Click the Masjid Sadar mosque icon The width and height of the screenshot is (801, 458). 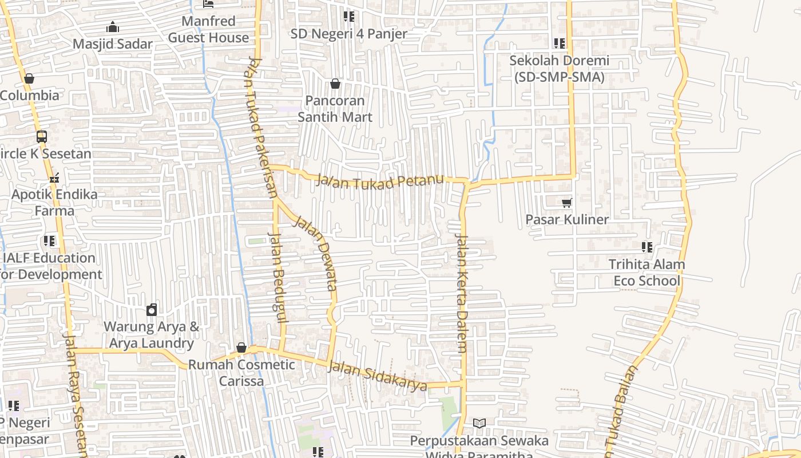(113, 27)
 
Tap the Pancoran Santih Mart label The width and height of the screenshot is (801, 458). (335, 109)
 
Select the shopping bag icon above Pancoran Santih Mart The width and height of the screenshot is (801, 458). (335, 84)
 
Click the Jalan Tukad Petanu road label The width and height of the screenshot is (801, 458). (380, 183)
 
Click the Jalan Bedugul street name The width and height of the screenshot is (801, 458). (277, 278)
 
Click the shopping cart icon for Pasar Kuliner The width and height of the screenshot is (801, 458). (566, 203)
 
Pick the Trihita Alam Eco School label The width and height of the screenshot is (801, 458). (647, 273)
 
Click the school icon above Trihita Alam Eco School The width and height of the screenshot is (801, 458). (647, 247)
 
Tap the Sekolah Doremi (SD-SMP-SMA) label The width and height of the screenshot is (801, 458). (559, 69)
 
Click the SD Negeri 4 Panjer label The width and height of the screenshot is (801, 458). (348, 34)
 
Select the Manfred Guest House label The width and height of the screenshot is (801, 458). (208, 30)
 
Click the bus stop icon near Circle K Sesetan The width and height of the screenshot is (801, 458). (42, 137)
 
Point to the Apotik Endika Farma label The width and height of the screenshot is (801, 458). (54, 203)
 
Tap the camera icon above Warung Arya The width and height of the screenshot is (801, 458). (152, 310)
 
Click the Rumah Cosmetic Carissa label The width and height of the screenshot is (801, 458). (241, 373)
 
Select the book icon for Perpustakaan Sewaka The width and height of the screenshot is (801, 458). (479, 423)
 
